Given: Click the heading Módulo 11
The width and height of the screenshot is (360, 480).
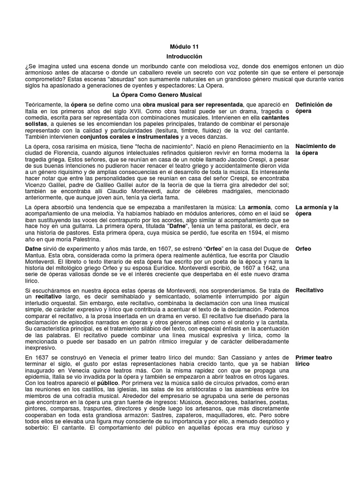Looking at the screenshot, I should click(180, 47).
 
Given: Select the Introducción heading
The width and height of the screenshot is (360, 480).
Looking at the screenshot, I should click(180, 56).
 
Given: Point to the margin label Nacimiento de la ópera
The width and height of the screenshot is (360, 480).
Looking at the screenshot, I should click(316, 150).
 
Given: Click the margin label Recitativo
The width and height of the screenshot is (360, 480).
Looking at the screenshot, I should click(309, 290).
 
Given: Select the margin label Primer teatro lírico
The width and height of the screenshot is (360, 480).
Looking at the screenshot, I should click(314, 360).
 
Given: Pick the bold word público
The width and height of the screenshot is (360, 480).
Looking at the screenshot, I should click(109, 382).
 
